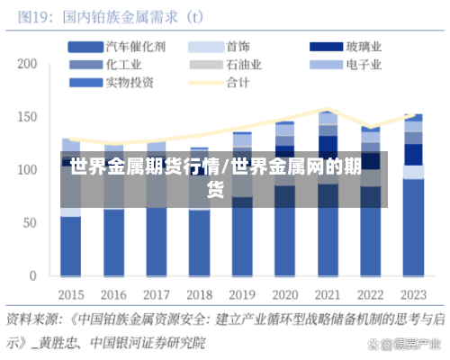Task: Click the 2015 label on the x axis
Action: [x=72, y=294]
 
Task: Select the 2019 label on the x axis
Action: [x=242, y=294]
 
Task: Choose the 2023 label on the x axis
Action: [x=412, y=294]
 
